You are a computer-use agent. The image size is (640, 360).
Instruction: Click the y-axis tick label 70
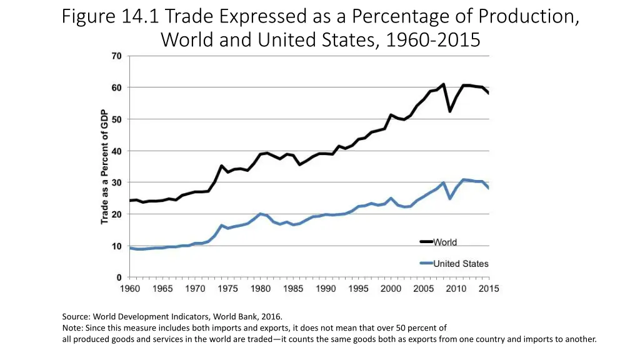116,56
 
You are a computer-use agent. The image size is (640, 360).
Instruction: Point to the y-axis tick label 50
116,119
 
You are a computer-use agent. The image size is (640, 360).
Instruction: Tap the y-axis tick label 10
116,246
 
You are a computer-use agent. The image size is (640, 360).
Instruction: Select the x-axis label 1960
129,289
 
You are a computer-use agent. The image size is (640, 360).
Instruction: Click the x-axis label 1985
293,289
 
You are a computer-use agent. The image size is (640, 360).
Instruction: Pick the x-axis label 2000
391,289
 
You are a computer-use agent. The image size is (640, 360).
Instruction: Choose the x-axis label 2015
489,289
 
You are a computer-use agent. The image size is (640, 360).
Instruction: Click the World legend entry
444,242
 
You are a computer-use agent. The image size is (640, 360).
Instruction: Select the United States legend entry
461,264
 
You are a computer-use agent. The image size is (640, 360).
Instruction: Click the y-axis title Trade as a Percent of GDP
104,167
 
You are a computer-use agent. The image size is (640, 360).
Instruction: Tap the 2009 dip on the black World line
450,111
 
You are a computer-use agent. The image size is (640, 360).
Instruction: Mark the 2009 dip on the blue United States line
450,198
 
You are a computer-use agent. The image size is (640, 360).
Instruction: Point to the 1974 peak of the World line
221,166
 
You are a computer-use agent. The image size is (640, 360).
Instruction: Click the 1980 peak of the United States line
261,214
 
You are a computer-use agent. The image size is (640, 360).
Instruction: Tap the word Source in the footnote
75,317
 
